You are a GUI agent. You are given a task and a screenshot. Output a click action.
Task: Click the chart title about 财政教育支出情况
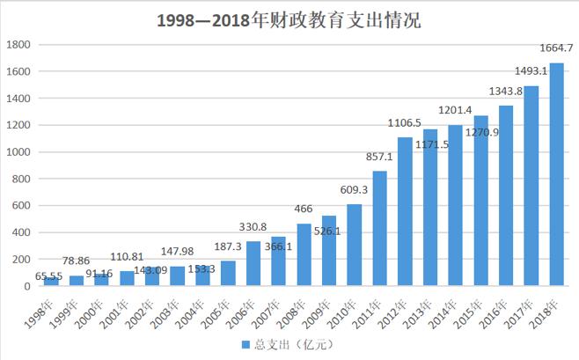[289, 19]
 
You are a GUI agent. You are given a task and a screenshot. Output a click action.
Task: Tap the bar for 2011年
[379, 229]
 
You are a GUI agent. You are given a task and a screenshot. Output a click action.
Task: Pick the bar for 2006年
[253, 264]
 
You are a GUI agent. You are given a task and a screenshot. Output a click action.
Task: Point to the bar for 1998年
[51, 282]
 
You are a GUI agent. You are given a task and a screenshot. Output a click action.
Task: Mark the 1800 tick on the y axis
[19, 44]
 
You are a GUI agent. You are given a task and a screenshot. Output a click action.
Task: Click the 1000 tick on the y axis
[19, 152]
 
